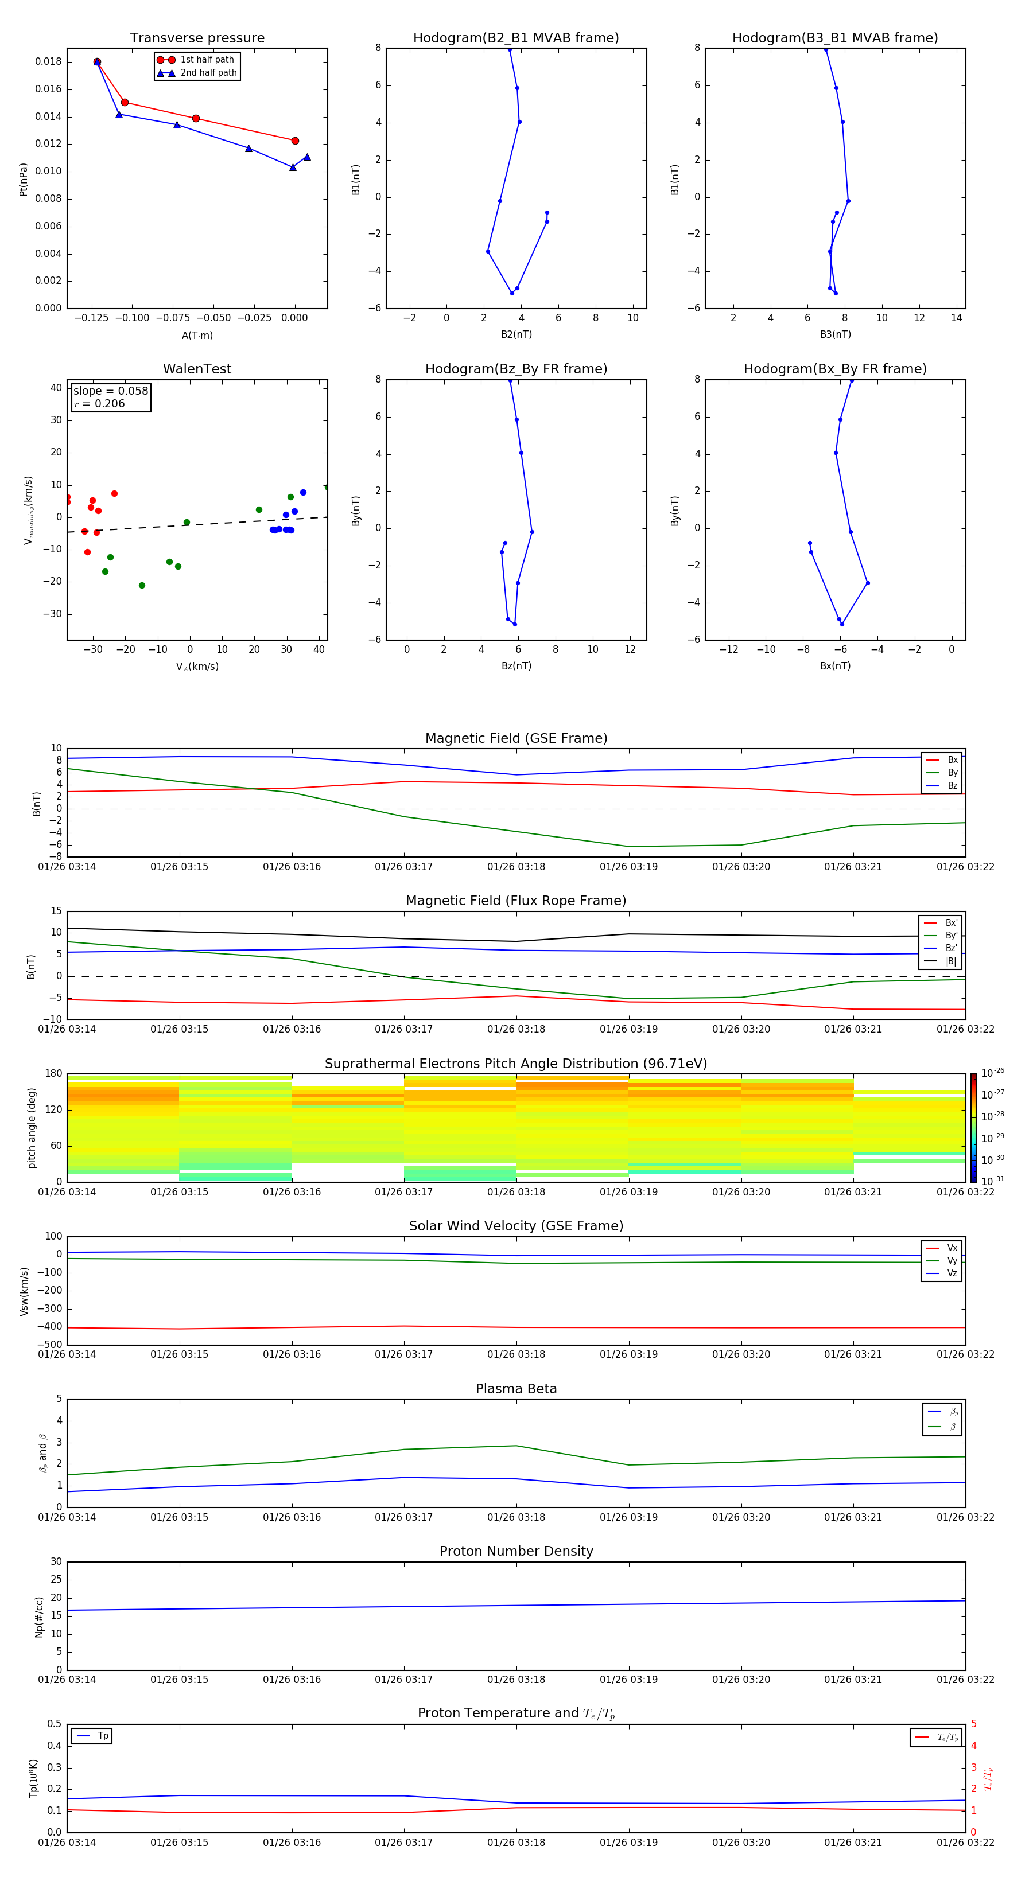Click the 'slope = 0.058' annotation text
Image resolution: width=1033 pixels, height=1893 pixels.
tap(110, 391)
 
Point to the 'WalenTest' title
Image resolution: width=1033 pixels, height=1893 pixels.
tap(197, 369)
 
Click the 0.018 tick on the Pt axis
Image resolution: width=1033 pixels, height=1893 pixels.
tap(49, 62)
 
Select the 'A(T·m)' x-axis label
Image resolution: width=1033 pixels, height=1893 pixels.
tap(197, 335)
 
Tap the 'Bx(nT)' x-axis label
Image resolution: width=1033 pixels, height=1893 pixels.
tap(834, 666)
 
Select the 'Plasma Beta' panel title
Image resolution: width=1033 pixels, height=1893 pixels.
tap(516, 1389)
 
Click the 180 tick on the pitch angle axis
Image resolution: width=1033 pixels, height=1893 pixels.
tap(54, 1074)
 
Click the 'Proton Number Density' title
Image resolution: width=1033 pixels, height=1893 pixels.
tap(516, 1551)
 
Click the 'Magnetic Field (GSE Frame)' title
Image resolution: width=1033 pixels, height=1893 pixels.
tap(516, 738)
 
